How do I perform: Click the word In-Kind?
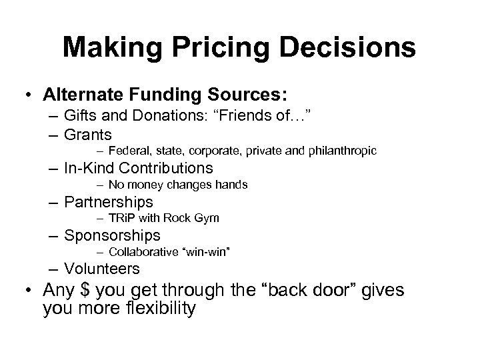[x=90, y=167]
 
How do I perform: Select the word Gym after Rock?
[x=206, y=219]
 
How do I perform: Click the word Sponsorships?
[x=113, y=235]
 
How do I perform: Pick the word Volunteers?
[x=102, y=269]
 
